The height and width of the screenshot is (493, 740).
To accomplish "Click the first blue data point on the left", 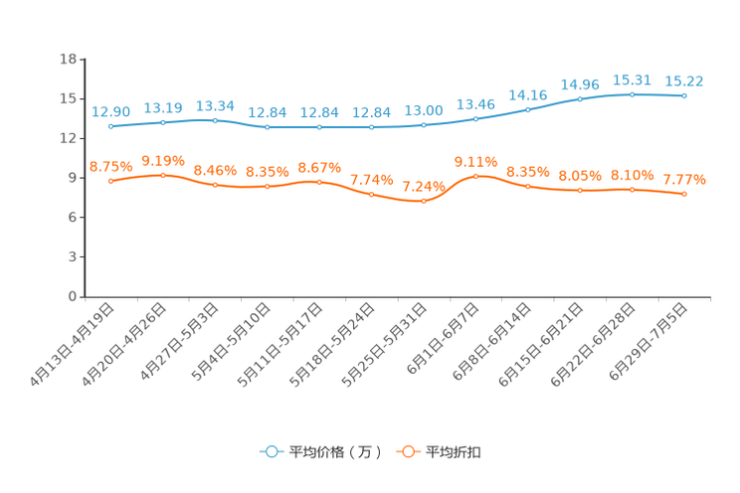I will [x=110, y=127].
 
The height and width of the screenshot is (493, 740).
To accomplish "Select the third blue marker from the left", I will [x=215, y=119].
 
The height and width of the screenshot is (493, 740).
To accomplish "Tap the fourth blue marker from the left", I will [x=267, y=128].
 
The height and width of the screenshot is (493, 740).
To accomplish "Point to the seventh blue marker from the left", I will [x=424, y=126].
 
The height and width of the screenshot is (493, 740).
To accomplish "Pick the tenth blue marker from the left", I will [x=580, y=98].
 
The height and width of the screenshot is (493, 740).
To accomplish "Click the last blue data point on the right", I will [x=683, y=95].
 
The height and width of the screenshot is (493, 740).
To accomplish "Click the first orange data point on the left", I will [x=110, y=182].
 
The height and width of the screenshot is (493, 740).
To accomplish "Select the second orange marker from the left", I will [x=163, y=175].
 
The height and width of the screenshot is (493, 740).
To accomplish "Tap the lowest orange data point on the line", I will [x=424, y=202].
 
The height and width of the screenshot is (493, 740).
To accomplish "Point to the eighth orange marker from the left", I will [x=475, y=176].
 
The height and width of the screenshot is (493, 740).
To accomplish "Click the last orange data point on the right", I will [x=684, y=195].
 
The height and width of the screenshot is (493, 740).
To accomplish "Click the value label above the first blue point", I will [x=110, y=111].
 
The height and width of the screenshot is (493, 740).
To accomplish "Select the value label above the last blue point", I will [x=684, y=80].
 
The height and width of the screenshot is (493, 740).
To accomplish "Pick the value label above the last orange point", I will [x=684, y=179].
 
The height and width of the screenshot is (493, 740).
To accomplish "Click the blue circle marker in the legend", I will [x=271, y=451].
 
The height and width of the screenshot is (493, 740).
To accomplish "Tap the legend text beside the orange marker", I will [x=454, y=452].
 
